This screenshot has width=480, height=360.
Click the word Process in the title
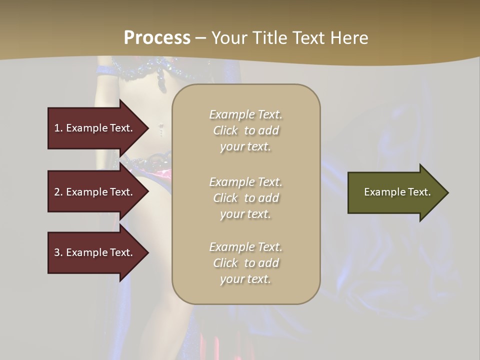(x=157, y=38)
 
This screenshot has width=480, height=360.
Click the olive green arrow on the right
(x=395, y=192)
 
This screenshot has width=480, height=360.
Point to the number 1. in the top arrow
(x=58, y=128)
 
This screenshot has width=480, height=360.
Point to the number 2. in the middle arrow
(x=58, y=192)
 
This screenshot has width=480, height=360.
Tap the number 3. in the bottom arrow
(x=58, y=252)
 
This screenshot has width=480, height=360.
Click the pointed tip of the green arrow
(x=447, y=192)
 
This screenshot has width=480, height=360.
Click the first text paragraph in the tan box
(x=245, y=130)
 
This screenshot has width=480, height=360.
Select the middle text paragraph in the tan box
(x=245, y=197)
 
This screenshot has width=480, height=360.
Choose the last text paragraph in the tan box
(x=245, y=263)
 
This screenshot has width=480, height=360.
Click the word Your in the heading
(x=230, y=38)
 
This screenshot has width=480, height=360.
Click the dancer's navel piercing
(x=161, y=128)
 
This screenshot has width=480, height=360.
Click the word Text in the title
(x=310, y=38)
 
